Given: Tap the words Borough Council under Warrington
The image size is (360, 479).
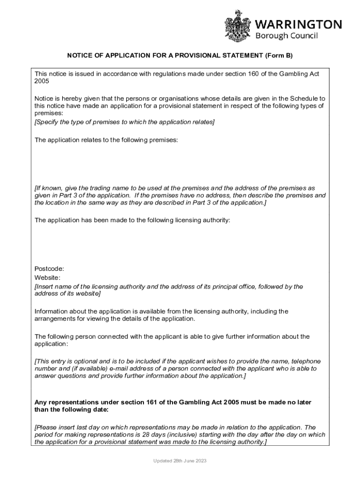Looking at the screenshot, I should click(286, 36).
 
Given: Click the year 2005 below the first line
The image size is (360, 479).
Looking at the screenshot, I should click(42, 81).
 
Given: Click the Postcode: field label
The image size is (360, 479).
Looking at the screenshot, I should click(49, 269).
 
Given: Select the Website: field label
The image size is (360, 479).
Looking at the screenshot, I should click(48, 277).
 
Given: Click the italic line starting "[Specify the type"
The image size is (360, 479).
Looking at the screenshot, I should click(124, 122).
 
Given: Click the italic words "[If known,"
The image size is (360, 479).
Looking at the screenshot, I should click(49, 188).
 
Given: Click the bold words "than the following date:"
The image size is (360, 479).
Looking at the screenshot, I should click(71, 410).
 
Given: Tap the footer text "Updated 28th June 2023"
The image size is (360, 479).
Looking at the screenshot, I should click(180, 461).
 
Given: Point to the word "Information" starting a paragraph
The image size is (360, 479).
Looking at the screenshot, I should click(51, 312).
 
